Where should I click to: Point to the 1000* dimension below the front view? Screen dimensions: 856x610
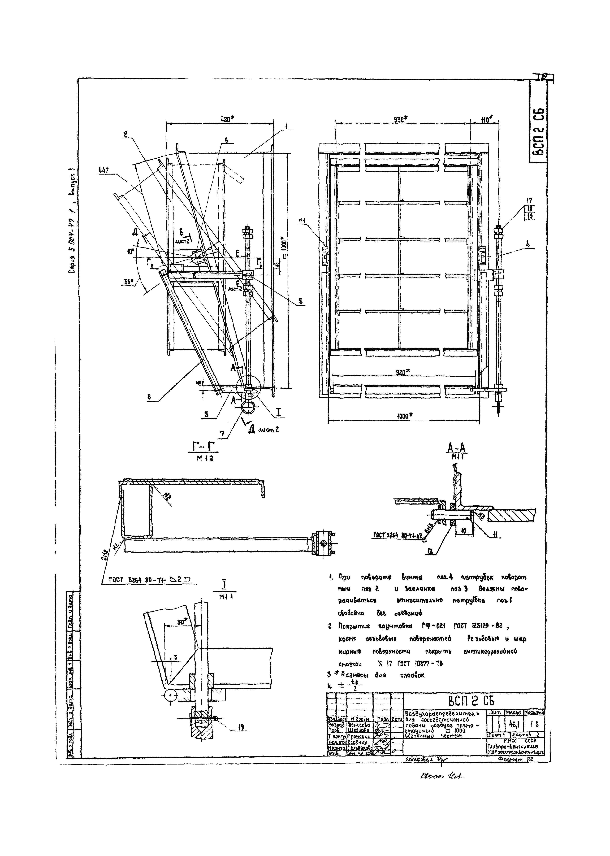pyautogui.click(x=403, y=415)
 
